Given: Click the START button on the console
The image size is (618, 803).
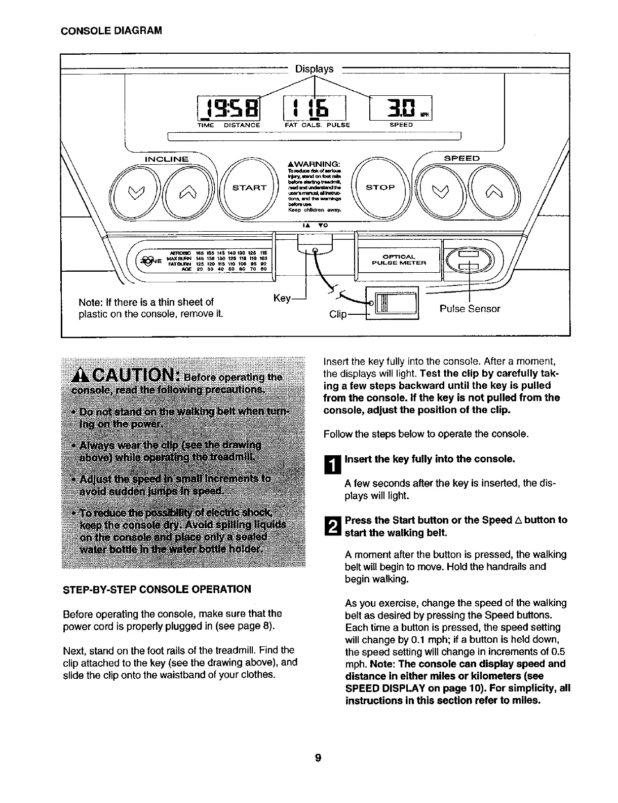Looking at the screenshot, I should coord(249,188).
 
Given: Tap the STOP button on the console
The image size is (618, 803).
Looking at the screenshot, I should coord(380,187).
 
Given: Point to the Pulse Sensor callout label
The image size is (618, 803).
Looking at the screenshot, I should coord(470,309).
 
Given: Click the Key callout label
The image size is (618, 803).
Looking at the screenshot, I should coord(281,299).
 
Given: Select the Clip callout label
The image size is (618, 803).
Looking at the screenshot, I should coord(338,315).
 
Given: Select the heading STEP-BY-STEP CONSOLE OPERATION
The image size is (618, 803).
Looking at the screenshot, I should coord(156,589).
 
